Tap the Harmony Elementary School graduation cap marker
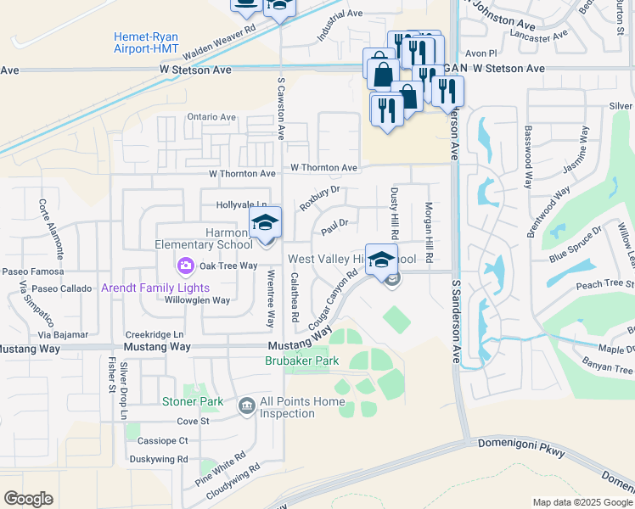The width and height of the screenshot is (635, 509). (265, 224)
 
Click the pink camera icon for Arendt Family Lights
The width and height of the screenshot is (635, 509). (185, 267)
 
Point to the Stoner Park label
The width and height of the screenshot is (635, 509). (194, 401)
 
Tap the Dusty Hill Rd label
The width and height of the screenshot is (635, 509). (394, 213)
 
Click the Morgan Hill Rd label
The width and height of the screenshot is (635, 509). (430, 230)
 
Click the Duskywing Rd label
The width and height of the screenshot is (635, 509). (159, 459)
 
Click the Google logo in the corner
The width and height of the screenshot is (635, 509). (29, 499)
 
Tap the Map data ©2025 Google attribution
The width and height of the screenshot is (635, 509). (582, 502)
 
